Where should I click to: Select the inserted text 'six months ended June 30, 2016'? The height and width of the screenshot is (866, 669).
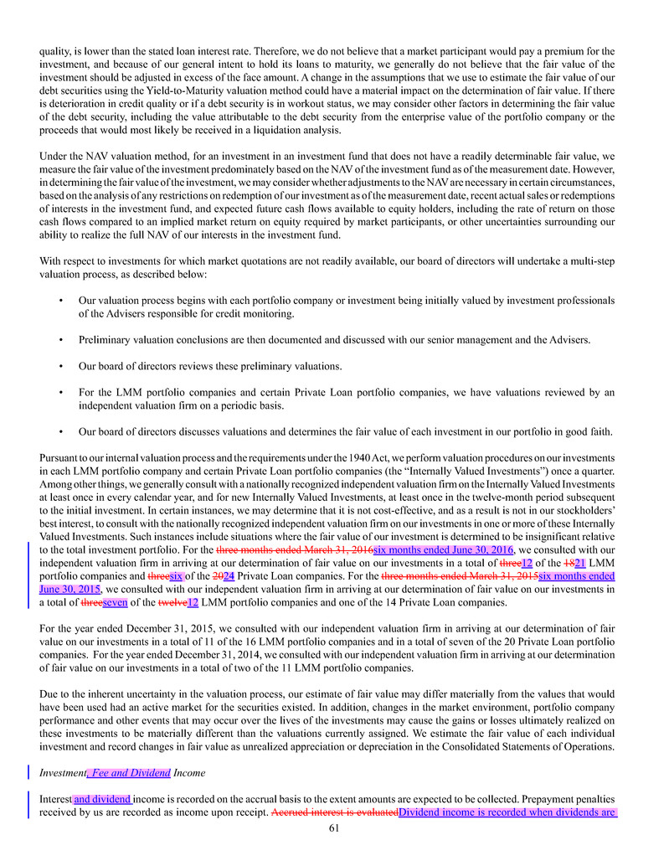coord(442,549)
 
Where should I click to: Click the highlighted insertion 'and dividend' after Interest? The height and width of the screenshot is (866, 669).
coord(102,799)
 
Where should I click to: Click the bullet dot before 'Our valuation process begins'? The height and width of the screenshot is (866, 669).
coord(63,300)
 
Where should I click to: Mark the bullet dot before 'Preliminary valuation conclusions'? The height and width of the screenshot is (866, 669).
coord(63,340)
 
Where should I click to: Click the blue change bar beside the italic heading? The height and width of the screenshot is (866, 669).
coord(30,773)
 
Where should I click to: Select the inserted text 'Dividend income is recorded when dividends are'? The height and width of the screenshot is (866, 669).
coord(507,812)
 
